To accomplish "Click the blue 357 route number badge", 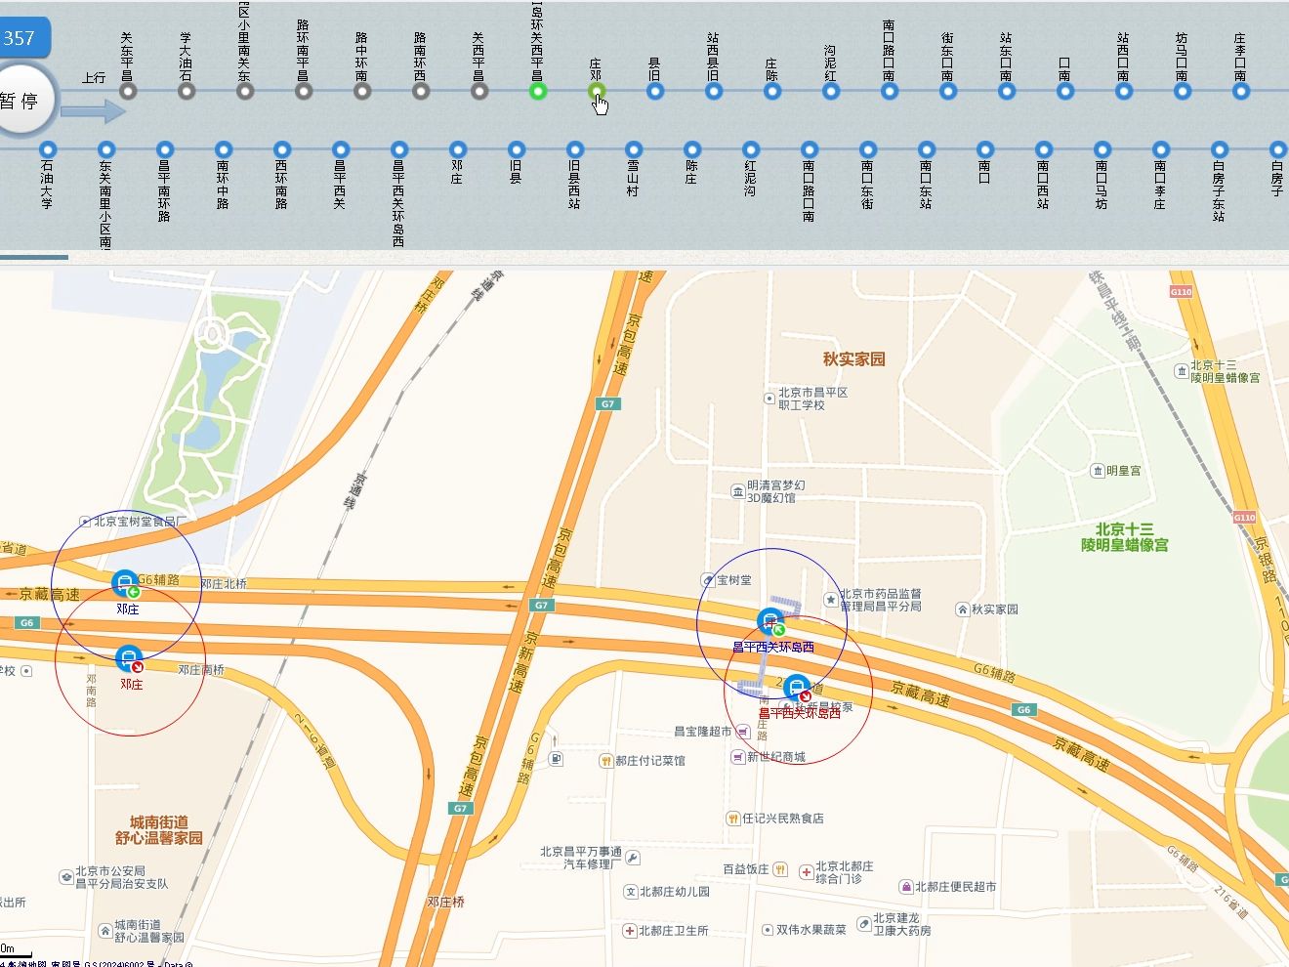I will (21, 39).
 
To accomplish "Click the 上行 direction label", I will (94, 78).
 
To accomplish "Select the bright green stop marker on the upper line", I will (537, 92).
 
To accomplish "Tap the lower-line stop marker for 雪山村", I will (634, 150).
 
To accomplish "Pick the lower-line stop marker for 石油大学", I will (48, 150).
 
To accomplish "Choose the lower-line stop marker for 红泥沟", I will (751, 150).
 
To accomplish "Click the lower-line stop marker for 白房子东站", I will (1220, 150).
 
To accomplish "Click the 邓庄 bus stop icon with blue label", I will (125, 583).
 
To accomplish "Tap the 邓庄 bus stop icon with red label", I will (128, 658).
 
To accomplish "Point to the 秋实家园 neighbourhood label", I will (853, 359).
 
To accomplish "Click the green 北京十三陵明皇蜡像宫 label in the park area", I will (1124, 537).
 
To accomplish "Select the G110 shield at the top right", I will (1181, 292).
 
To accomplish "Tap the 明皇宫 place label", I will (1122, 471).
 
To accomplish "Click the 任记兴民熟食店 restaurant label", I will (781, 819).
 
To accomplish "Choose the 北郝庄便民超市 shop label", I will (955, 887).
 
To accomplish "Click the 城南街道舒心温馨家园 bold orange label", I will (159, 830).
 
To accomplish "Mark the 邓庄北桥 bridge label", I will (224, 584).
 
